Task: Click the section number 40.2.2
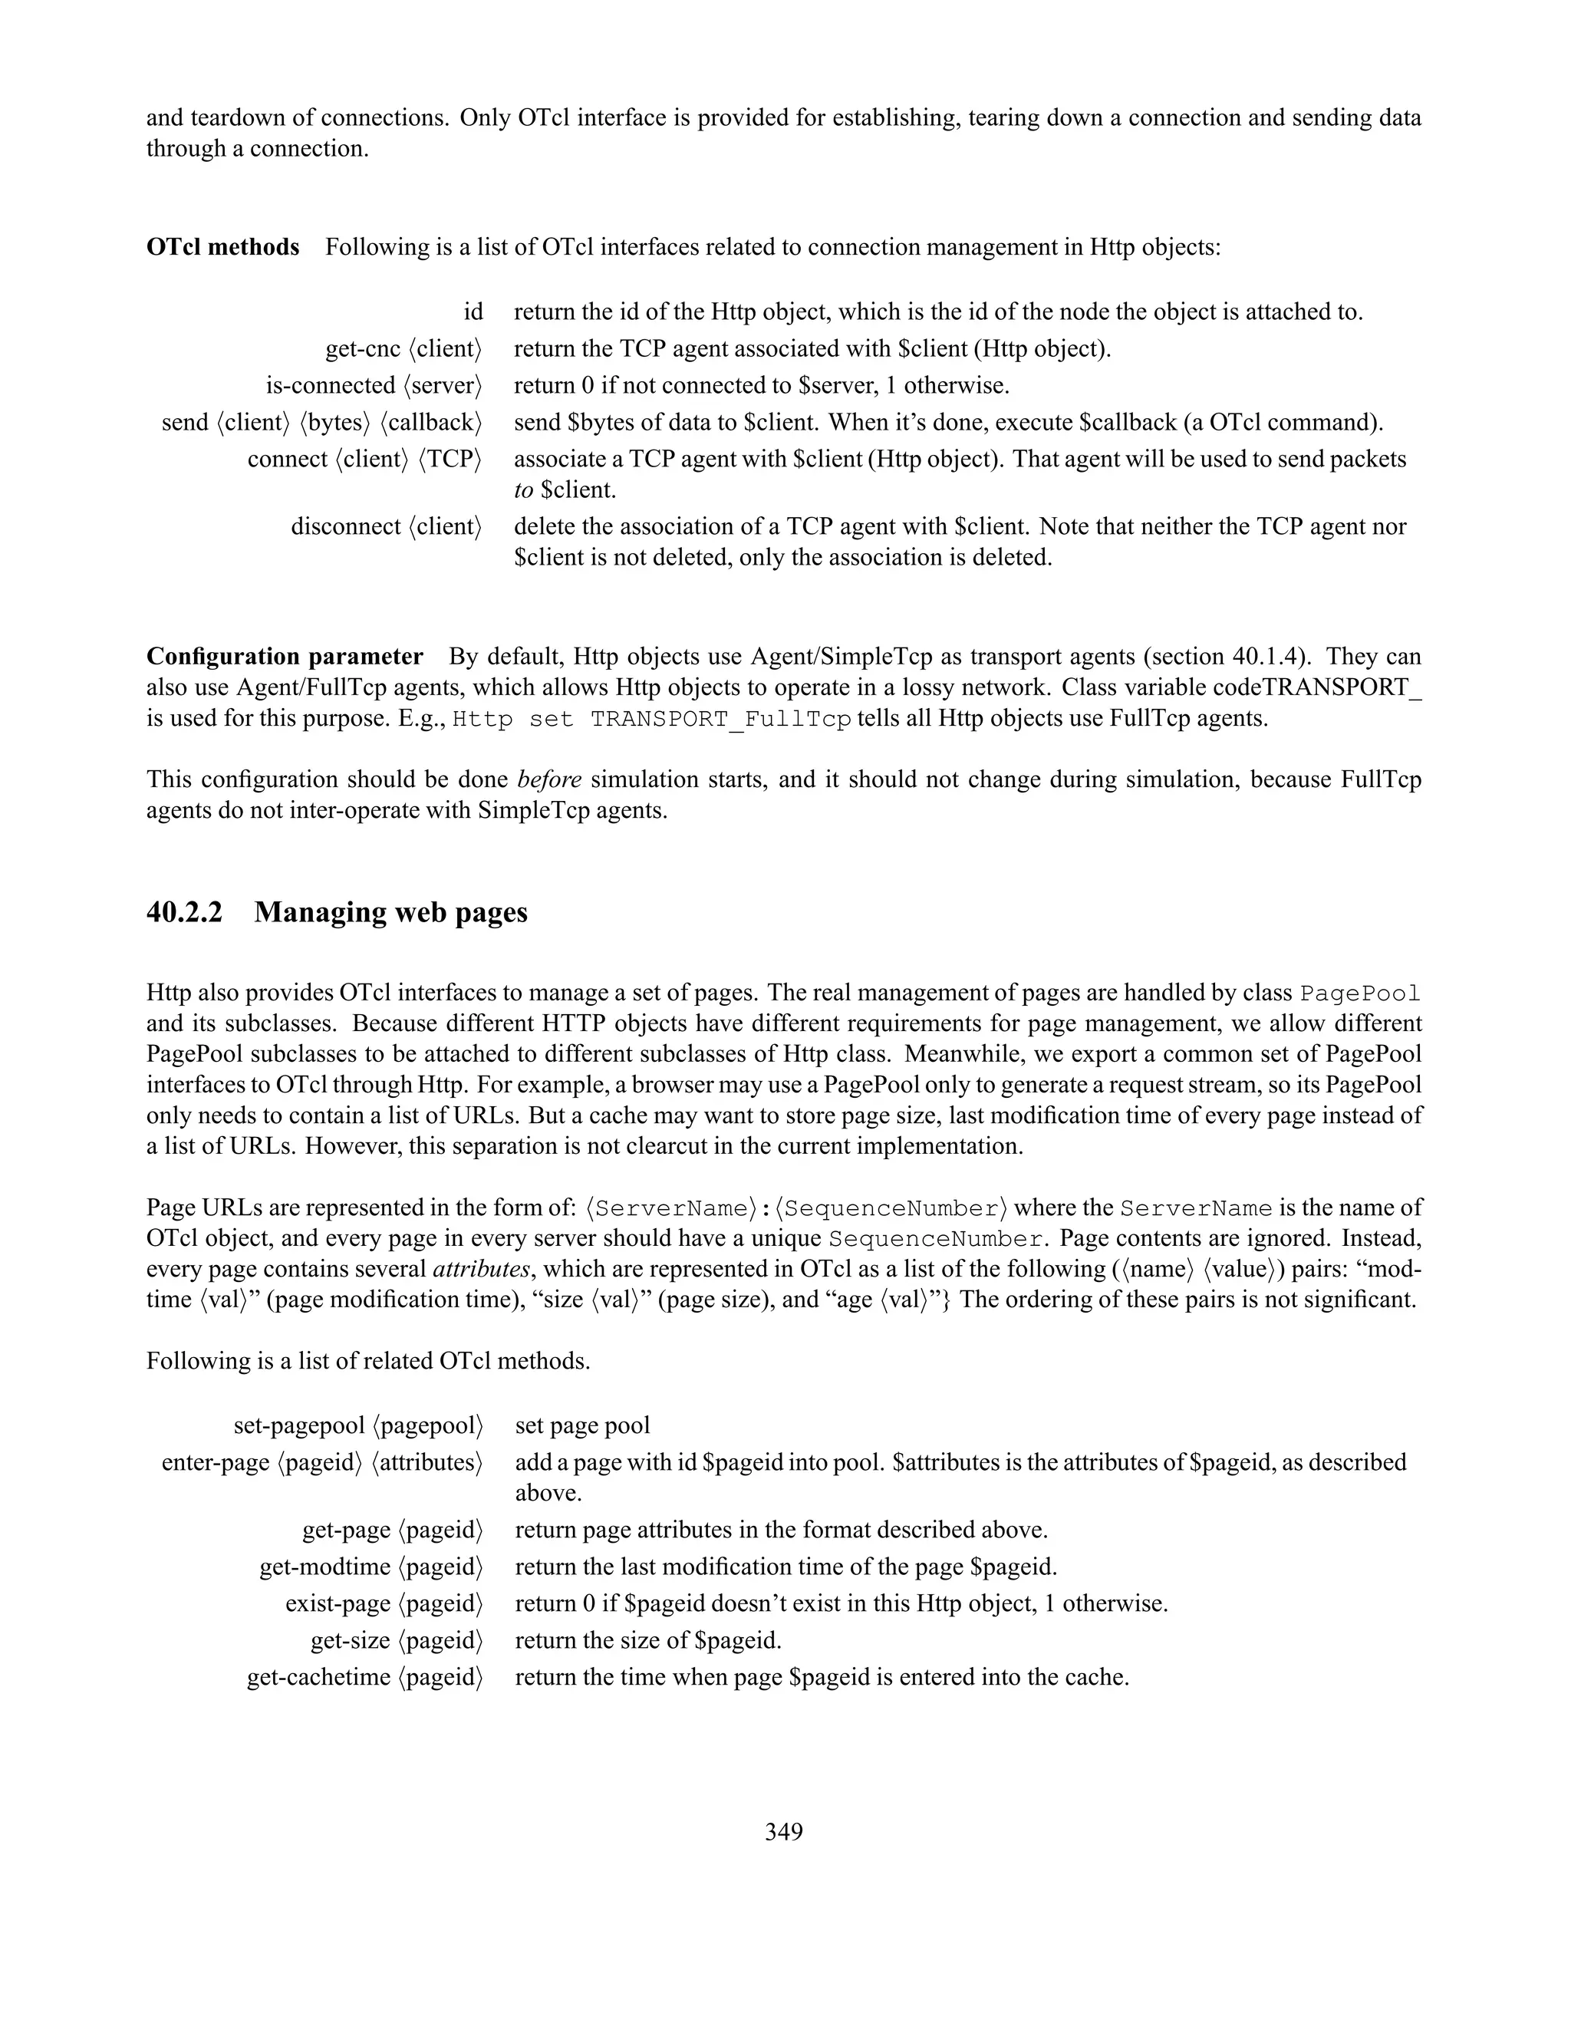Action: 184,912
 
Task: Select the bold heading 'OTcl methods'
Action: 222,247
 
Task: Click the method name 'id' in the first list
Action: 473,311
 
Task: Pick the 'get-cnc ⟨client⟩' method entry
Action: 404,349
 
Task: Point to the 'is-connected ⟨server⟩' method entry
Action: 374,385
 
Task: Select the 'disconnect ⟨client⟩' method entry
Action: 387,527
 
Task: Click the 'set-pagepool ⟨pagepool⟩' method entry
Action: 358,1425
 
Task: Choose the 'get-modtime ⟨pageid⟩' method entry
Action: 371,1567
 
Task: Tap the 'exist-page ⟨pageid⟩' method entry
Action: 384,1604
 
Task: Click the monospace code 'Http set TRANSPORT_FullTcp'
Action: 651,720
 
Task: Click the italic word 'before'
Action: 549,779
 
